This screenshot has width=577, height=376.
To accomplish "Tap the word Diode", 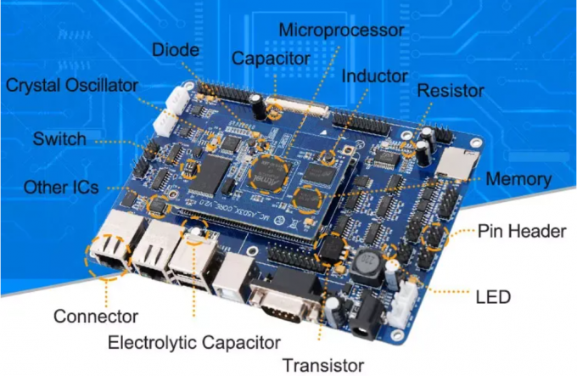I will click(x=176, y=50).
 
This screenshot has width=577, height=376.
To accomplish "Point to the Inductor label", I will click(x=374, y=76).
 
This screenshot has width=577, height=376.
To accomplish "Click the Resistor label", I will click(x=451, y=90).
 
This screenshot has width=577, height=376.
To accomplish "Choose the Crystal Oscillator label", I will click(x=71, y=86).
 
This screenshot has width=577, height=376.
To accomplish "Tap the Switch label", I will click(x=59, y=138).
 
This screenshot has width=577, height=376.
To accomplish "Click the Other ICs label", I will click(x=61, y=187).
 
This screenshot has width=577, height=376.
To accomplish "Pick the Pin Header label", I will click(x=520, y=231).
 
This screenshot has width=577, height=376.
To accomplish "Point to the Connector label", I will click(x=95, y=317).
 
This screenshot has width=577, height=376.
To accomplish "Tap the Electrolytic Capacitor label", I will click(x=194, y=343).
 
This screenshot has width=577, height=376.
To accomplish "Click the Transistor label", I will click(x=323, y=365).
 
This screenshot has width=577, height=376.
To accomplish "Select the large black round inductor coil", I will click(x=367, y=266).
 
